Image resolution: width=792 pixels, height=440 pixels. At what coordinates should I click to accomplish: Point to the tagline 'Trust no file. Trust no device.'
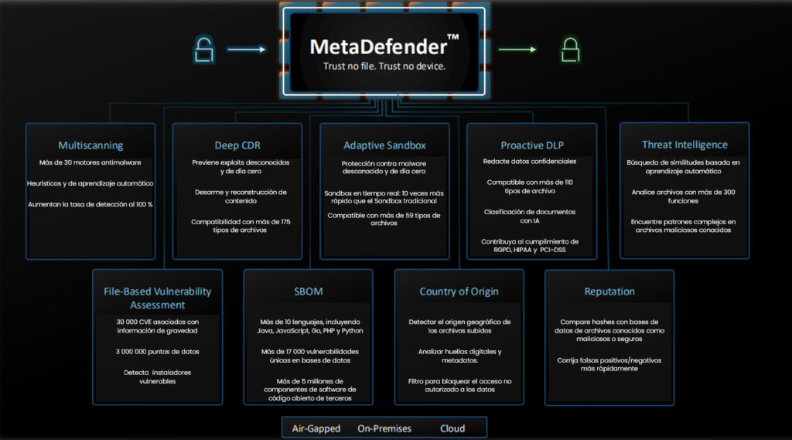click(x=384, y=67)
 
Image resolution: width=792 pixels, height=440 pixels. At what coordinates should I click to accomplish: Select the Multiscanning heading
click(x=90, y=145)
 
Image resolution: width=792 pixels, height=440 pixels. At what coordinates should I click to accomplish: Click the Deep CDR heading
click(x=237, y=145)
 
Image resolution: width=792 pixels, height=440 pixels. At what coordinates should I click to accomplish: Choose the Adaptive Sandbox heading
click(x=384, y=145)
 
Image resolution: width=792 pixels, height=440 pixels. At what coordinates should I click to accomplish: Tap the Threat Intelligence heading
click(x=684, y=145)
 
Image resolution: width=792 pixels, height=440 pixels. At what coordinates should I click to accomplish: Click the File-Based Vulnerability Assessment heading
click(x=157, y=298)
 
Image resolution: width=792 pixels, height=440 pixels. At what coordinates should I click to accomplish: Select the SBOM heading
click(x=309, y=292)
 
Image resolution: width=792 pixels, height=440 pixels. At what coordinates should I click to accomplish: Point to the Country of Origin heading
click(x=459, y=292)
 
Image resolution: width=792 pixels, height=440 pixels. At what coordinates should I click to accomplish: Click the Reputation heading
click(x=609, y=292)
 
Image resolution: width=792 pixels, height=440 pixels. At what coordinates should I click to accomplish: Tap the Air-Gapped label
click(x=316, y=428)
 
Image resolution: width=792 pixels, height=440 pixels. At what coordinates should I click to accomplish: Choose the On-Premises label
click(x=384, y=428)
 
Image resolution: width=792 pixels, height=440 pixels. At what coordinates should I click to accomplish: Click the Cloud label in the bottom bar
click(x=452, y=428)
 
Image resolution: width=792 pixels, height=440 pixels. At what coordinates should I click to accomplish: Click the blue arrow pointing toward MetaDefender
click(x=247, y=49)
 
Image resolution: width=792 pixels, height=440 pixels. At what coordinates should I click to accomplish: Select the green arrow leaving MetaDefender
click(x=517, y=49)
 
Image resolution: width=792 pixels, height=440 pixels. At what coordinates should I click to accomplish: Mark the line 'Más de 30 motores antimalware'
click(x=90, y=163)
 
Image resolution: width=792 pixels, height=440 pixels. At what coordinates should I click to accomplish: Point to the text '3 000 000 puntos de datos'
click(x=158, y=351)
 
